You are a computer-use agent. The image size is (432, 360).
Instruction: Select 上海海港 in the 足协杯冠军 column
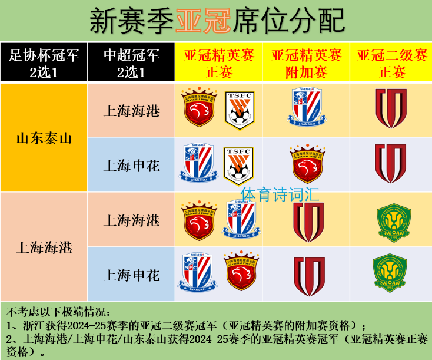point(44,247)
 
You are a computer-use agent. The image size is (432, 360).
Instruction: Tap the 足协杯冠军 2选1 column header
point(44,62)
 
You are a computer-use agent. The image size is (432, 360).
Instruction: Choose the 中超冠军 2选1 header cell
point(131,62)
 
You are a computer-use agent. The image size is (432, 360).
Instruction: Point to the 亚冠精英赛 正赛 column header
point(218,62)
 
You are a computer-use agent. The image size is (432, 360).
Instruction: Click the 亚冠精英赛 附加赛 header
point(306,62)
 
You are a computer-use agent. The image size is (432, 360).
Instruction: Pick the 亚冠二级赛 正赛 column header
point(391,62)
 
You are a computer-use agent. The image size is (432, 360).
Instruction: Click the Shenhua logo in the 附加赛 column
point(306,107)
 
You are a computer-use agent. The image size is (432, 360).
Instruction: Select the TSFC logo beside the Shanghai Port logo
point(240,110)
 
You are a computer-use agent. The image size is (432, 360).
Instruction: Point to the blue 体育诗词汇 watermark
point(280,194)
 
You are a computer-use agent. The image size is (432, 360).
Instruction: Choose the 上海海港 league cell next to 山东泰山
point(131,111)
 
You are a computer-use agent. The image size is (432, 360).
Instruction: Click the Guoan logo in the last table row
point(390,273)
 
